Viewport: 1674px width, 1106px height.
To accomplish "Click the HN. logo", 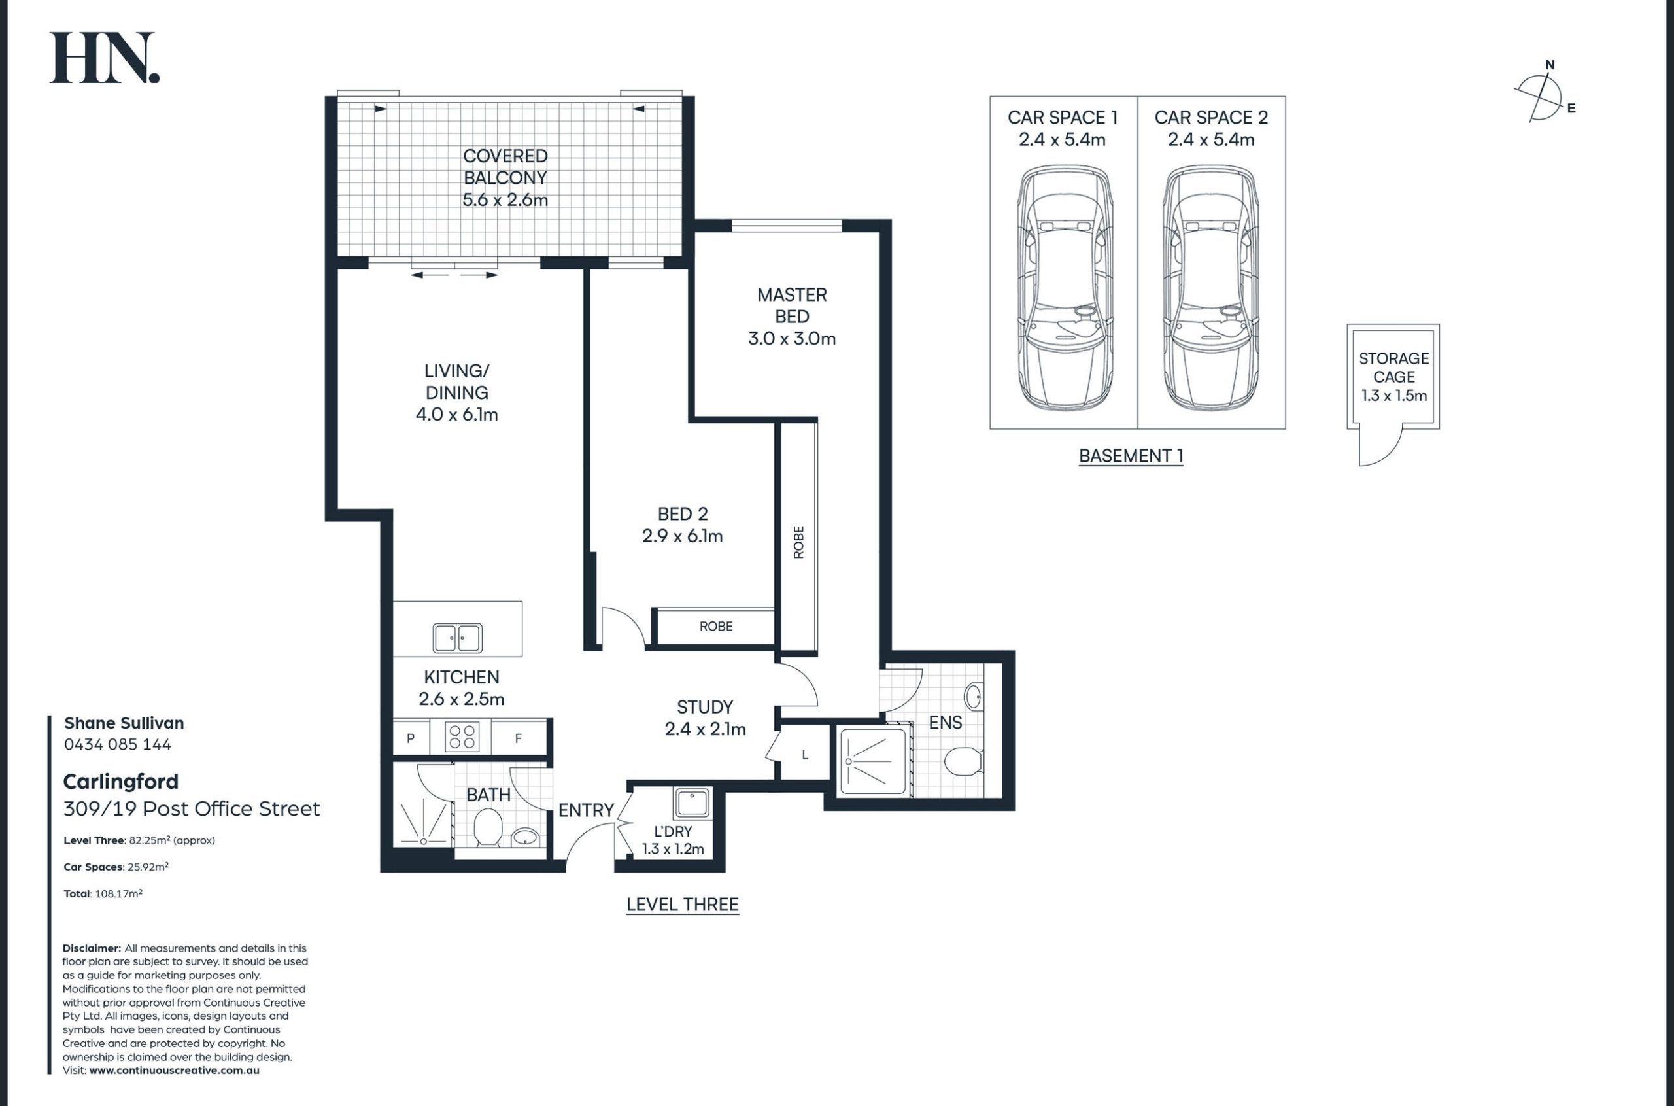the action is pyautogui.click(x=105, y=58).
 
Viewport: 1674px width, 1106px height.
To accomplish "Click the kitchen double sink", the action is pyautogui.click(x=457, y=638).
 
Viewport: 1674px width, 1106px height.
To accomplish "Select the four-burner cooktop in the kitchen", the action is pyautogui.click(x=462, y=737).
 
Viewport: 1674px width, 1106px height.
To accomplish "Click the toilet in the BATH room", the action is pyautogui.click(x=487, y=827).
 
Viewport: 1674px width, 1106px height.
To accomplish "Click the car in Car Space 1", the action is pyautogui.click(x=1064, y=288).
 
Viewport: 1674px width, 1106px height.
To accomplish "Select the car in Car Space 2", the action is pyautogui.click(x=1211, y=288).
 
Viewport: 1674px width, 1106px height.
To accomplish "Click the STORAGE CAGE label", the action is pyautogui.click(x=1393, y=368).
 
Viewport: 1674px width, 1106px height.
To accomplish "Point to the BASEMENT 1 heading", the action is pyautogui.click(x=1131, y=457).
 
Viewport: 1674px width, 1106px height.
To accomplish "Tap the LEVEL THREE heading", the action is pyautogui.click(x=683, y=905).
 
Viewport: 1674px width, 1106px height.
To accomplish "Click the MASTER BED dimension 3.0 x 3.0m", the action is pyautogui.click(x=792, y=339).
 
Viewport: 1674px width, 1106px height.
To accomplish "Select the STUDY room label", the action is pyautogui.click(x=705, y=707).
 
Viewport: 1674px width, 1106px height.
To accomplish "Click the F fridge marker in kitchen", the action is pyautogui.click(x=519, y=738).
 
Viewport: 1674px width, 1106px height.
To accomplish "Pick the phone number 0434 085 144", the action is pyautogui.click(x=118, y=744).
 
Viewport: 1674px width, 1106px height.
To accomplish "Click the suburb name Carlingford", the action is pyautogui.click(x=120, y=782).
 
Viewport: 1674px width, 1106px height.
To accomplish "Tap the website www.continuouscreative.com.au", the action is pyautogui.click(x=174, y=1070).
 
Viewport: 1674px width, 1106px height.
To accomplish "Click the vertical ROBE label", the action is pyautogui.click(x=798, y=542).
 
